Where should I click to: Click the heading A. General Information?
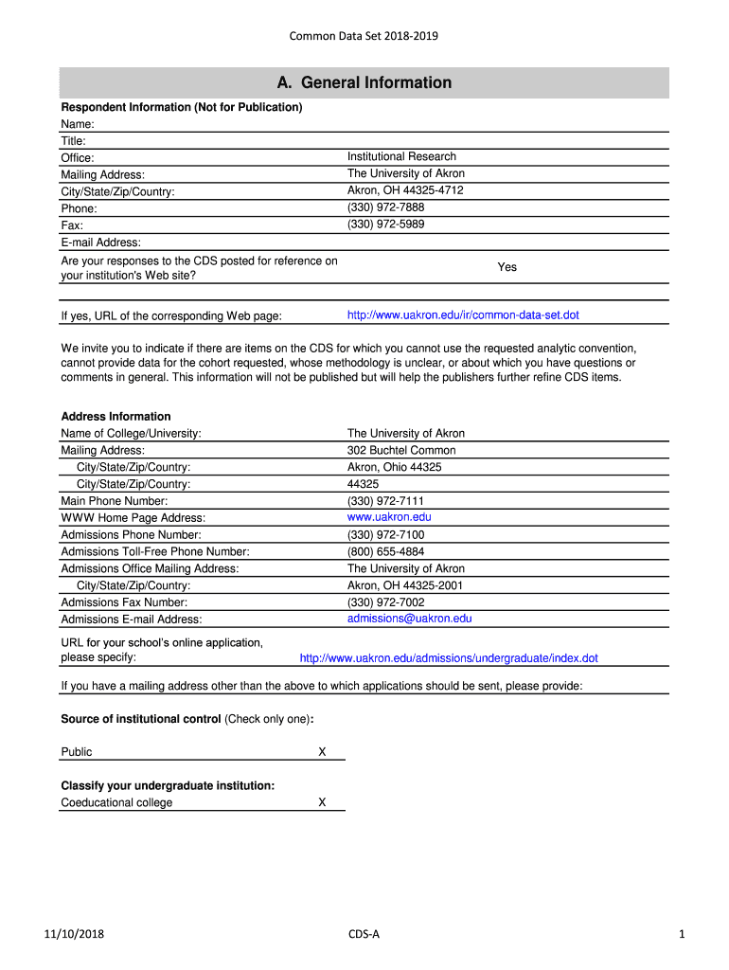tap(364, 82)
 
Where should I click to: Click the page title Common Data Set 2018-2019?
tap(364, 37)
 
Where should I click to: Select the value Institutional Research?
tap(401, 156)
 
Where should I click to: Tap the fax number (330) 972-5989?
tap(385, 225)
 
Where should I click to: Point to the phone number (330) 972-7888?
tap(385, 207)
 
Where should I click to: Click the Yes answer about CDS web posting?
tap(507, 267)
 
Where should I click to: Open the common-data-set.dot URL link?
tap(463, 315)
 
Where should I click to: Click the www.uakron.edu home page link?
tap(389, 517)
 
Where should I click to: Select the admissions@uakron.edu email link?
tap(409, 619)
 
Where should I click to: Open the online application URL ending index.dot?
tap(449, 658)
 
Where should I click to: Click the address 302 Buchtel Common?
tap(401, 450)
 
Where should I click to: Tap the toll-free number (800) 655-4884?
tap(385, 551)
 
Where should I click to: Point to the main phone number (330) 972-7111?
tap(385, 500)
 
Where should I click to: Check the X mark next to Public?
tap(322, 752)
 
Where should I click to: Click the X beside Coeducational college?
tap(322, 802)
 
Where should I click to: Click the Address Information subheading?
tap(116, 416)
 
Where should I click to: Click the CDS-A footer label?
tap(364, 935)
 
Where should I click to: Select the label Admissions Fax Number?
tap(124, 602)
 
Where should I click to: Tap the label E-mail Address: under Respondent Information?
tap(100, 242)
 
